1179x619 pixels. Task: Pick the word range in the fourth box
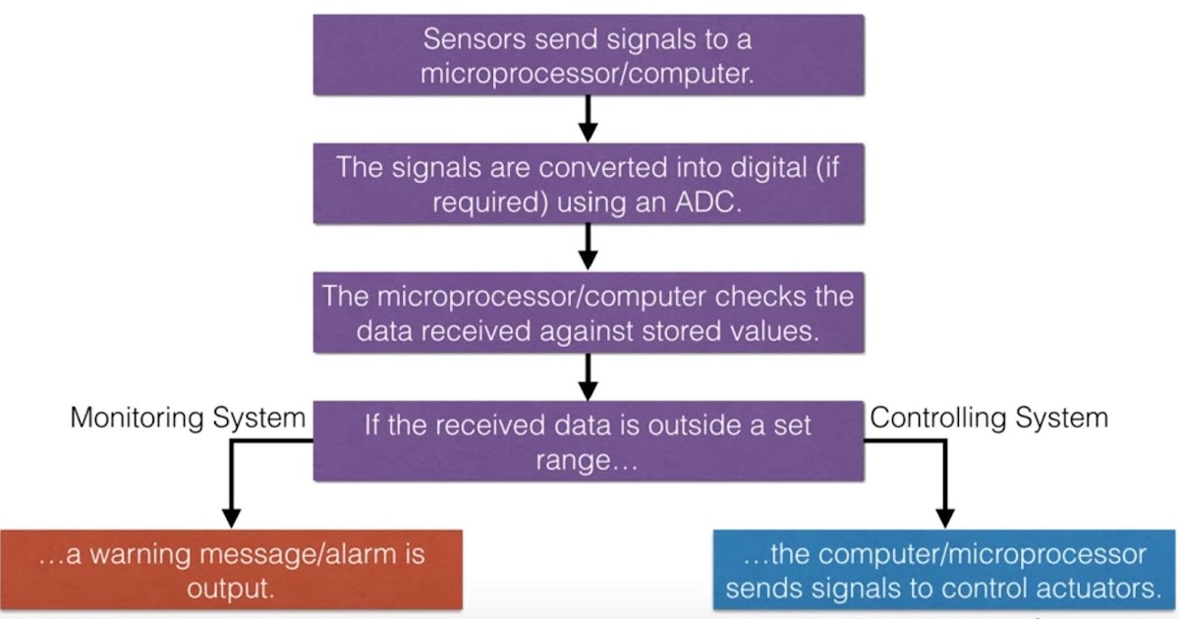(579, 461)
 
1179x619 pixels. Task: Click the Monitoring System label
(188, 418)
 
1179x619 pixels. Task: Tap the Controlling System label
(989, 418)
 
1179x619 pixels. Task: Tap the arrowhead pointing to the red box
(231, 517)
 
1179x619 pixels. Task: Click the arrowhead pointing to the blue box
(944, 517)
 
